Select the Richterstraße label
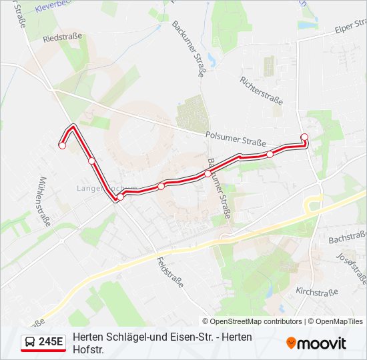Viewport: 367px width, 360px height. coord(261,90)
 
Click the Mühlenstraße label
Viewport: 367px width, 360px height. coord(45,202)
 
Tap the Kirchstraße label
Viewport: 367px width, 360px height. coord(317,292)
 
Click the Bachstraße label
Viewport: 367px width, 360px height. coord(348,237)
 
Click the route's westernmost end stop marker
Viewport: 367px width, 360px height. coord(62,145)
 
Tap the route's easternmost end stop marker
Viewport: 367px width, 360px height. coord(304,137)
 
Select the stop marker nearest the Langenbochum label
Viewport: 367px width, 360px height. coord(121,197)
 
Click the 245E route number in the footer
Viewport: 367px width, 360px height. coord(51,342)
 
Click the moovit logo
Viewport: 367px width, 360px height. coord(316,343)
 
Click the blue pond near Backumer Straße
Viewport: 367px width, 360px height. coord(212,61)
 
